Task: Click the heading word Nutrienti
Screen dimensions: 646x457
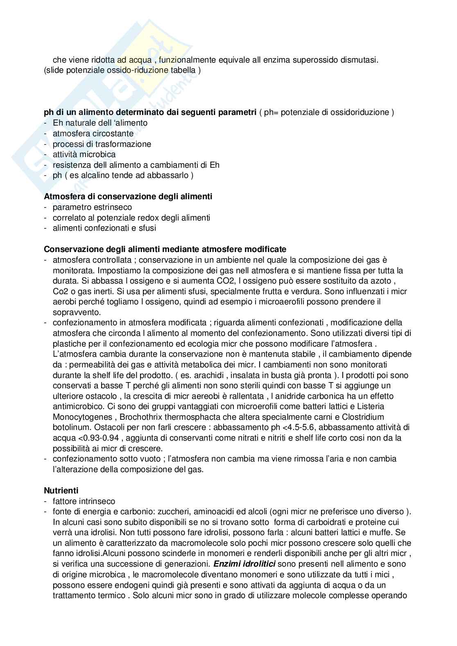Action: click(x=61, y=490)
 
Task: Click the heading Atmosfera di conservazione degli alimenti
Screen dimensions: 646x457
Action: click(x=128, y=196)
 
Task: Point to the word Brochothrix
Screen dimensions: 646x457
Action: click(x=138, y=417)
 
